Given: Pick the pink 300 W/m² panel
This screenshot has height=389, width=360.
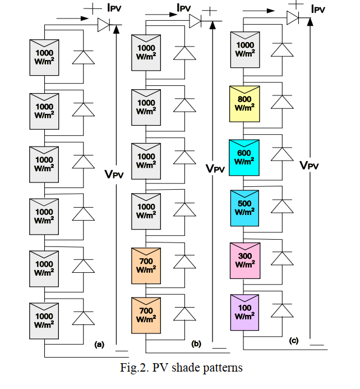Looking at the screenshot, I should coord(244,260).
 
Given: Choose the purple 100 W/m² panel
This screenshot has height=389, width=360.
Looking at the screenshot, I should coord(244,312).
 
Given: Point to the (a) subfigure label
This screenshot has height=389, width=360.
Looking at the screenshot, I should coord(100,345).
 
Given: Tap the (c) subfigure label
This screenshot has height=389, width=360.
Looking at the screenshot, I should coord(293,341).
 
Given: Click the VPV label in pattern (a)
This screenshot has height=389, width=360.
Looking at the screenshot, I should coord(116,174).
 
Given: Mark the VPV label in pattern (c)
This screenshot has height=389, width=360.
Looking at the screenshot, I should coord(310,165).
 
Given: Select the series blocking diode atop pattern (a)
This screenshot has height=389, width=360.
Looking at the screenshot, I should coord(105,25).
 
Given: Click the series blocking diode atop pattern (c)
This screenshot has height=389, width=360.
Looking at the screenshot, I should coord(292,17).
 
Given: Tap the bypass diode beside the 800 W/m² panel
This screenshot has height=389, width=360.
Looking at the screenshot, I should coord(281,102).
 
